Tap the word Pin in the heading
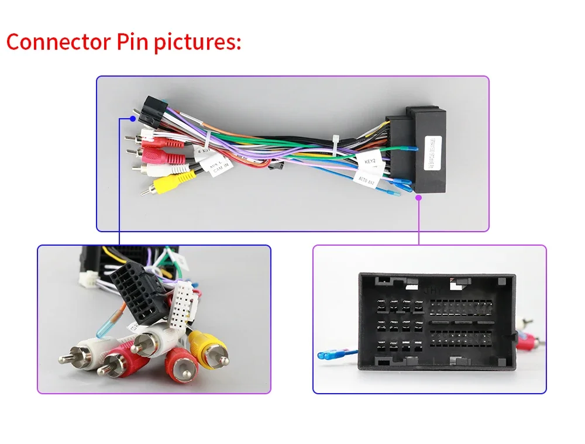[132, 42]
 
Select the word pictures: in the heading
[198, 43]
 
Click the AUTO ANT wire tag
[367, 182]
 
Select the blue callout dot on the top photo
[134, 118]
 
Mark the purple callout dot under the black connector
[419, 198]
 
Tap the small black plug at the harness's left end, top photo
[150, 111]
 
